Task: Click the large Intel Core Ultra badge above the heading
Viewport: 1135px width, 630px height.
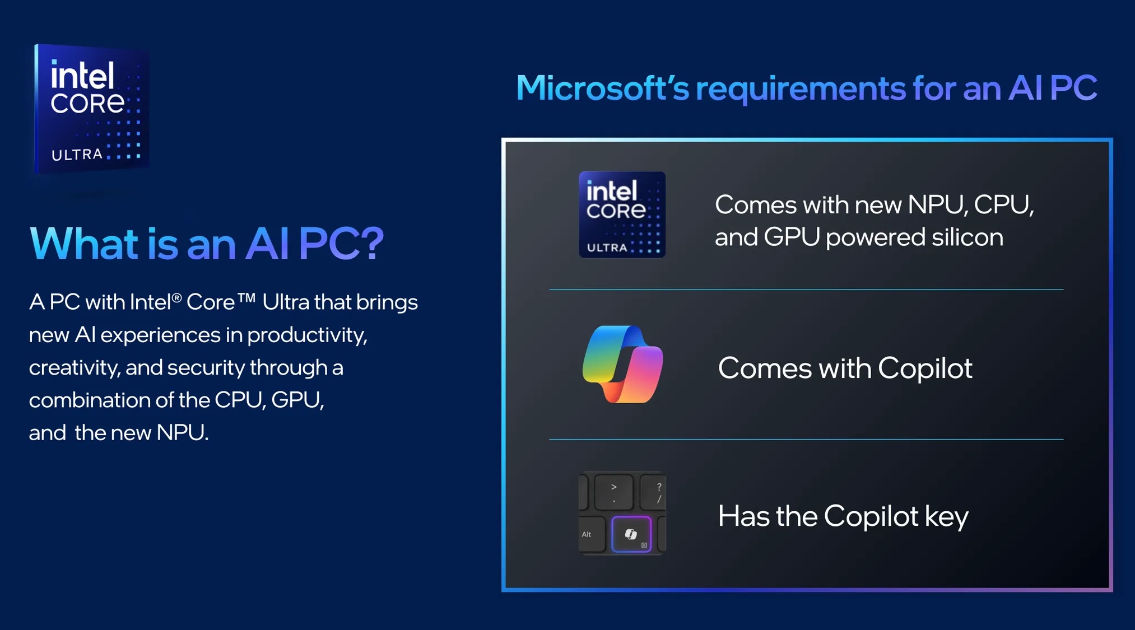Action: pos(91,109)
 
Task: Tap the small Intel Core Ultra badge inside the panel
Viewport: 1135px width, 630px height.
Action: pos(622,214)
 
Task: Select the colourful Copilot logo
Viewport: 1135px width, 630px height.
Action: pos(622,364)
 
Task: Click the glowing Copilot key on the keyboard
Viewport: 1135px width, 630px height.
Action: pos(631,534)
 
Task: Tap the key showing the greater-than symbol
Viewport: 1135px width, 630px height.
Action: pos(614,492)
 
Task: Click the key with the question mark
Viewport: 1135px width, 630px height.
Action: pos(653,492)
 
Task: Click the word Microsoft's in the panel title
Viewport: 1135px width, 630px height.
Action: pos(602,88)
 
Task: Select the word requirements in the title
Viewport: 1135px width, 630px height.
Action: pos(801,89)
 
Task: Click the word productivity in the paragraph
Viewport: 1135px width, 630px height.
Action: pos(307,335)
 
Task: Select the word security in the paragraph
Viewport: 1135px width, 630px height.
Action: pos(206,368)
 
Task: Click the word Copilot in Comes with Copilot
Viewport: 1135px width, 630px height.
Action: pos(925,368)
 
